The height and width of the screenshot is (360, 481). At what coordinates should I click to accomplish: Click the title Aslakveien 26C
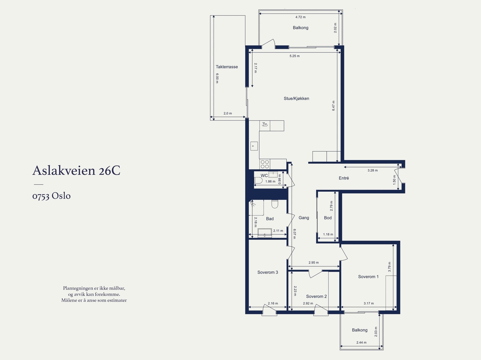[x=76, y=170]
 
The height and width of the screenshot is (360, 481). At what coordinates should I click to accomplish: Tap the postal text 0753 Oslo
[x=51, y=196]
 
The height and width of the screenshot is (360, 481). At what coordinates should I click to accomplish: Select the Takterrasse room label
[x=227, y=67]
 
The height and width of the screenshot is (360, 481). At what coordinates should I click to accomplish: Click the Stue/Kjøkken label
[x=296, y=99]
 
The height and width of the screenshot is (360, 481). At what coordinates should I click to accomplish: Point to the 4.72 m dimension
[x=300, y=17]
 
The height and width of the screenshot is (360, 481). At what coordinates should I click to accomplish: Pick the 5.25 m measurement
[x=295, y=56]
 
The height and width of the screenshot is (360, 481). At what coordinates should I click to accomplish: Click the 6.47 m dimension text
[x=333, y=105]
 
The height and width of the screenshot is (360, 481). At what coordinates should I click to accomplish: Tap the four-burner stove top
[x=265, y=164]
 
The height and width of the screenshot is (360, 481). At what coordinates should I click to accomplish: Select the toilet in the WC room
[x=258, y=180]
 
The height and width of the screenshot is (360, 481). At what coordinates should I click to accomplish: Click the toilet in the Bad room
[x=274, y=204]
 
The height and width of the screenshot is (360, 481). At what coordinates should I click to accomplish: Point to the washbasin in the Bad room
[x=265, y=233]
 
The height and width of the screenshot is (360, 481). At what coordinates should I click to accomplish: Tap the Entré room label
[x=344, y=178]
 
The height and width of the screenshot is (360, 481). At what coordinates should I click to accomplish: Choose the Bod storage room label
[x=328, y=218]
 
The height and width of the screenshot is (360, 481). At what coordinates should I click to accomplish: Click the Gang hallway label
[x=304, y=218]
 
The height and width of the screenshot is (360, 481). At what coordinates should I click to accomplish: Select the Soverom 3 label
[x=268, y=273]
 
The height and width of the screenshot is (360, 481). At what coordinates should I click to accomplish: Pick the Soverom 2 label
[x=316, y=297]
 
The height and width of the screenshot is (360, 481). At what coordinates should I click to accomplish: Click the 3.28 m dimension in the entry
[x=372, y=170]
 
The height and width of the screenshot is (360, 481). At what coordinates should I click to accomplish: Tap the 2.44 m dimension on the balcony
[x=361, y=343]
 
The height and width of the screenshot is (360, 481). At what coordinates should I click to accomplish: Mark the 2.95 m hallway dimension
[x=314, y=263]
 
